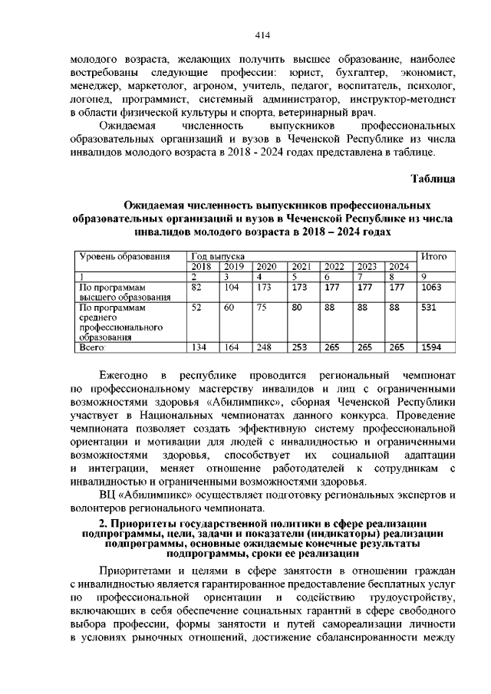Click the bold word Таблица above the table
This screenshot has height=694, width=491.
point(434,179)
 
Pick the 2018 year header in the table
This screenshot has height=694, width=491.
point(201,266)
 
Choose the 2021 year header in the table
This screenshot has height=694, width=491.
point(301,266)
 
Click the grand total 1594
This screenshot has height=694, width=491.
point(433,347)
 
